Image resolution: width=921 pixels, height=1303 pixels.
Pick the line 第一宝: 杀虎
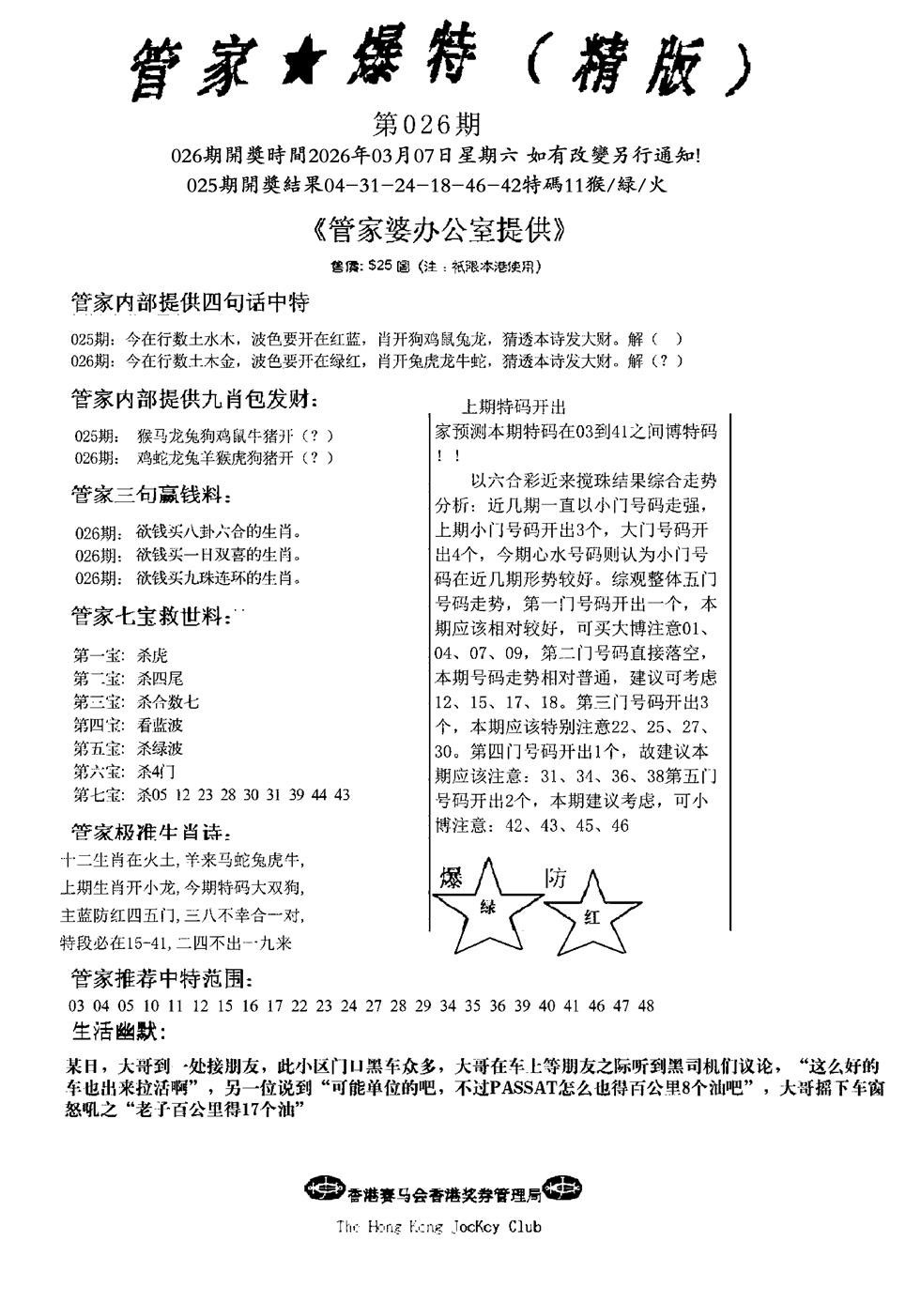(121, 655)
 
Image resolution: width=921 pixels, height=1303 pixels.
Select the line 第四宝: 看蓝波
(129, 725)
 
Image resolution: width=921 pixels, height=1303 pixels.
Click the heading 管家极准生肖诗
(150, 833)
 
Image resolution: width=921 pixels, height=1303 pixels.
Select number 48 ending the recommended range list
(645, 1005)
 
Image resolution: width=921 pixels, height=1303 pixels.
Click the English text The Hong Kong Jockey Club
(438, 1226)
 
